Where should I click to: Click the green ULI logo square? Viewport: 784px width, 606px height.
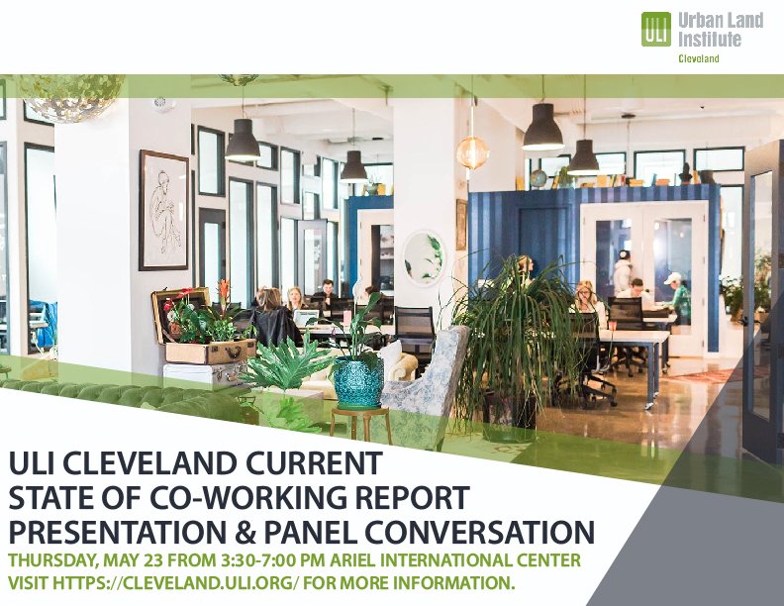(656, 29)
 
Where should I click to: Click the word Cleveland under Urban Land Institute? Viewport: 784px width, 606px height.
(698, 59)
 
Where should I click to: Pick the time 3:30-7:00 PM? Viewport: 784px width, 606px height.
(277, 561)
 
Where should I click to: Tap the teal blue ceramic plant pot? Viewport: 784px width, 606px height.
(358, 381)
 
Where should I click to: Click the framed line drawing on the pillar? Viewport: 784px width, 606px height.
(163, 210)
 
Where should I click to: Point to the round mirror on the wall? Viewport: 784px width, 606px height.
(425, 258)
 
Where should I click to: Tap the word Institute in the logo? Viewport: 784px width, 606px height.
(708, 39)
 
